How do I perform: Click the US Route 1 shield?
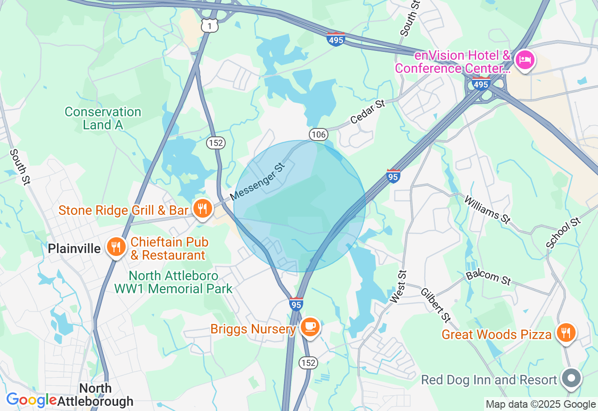pyautogui.click(x=210, y=27)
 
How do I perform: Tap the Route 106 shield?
pyautogui.click(x=317, y=135)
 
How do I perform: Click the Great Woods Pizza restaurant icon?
pyautogui.click(x=566, y=333)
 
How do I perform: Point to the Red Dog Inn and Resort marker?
pyautogui.click(x=571, y=378)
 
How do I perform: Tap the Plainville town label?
pyautogui.click(x=74, y=248)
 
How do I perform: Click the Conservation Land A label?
pyautogui.click(x=103, y=118)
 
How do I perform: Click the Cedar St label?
pyautogui.click(x=368, y=111)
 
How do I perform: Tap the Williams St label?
pyautogui.click(x=486, y=209)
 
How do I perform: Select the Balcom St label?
pyautogui.click(x=488, y=277)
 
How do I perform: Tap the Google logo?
pyautogui.click(x=31, y=400)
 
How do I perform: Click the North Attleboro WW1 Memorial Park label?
pyautogui.click(x=173, y=282)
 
